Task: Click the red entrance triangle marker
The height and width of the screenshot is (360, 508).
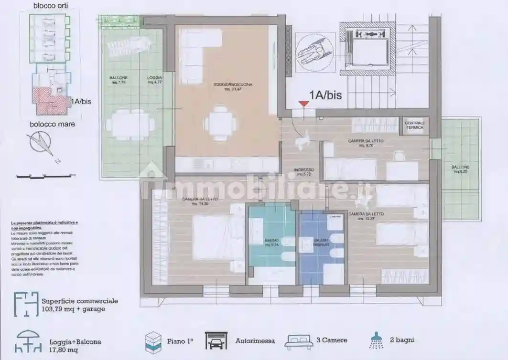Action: [303, 104]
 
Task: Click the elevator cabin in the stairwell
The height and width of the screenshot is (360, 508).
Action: [367, 49]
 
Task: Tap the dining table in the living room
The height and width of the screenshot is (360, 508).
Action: [220, 123]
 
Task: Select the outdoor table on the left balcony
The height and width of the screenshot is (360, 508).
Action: [130, 125]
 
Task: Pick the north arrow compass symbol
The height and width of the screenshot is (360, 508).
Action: [41, 144]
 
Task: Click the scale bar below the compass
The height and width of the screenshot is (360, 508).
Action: [43, 176]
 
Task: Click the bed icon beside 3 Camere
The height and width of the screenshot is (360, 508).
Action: [299, 341]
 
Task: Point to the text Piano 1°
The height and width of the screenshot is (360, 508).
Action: [180, 341]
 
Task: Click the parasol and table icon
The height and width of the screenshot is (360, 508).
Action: [29, 341]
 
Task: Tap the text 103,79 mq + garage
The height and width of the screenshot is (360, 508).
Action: [74, 309]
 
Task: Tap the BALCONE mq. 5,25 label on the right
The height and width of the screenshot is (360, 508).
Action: [460, 169]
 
